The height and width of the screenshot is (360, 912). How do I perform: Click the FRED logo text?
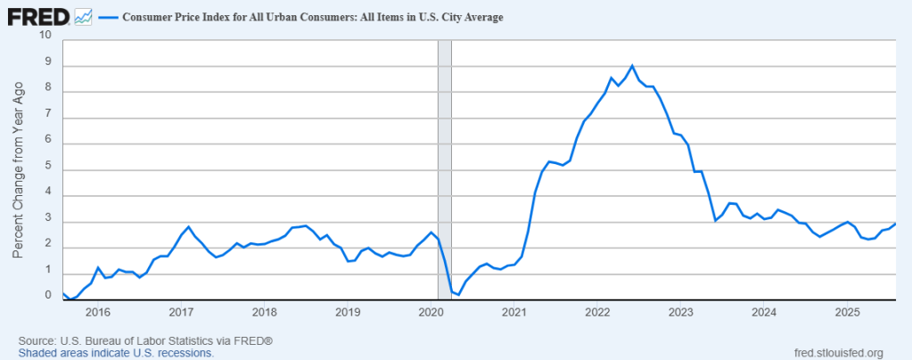(37, 15)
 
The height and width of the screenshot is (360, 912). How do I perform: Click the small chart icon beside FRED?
(83, 16)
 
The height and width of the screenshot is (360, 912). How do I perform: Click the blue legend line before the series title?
(109, 17)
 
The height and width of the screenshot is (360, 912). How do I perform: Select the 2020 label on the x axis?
(431, 312)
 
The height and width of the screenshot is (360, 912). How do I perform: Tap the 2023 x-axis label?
(680, 312)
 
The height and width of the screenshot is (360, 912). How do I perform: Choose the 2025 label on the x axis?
(846, 312)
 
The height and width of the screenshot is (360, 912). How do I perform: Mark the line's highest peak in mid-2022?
(632, 65)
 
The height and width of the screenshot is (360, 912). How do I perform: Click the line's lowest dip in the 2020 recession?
(458, 294)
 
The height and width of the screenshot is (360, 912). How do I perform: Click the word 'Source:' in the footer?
(37, 341)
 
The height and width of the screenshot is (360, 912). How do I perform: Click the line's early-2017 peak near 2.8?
(188, 226)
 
